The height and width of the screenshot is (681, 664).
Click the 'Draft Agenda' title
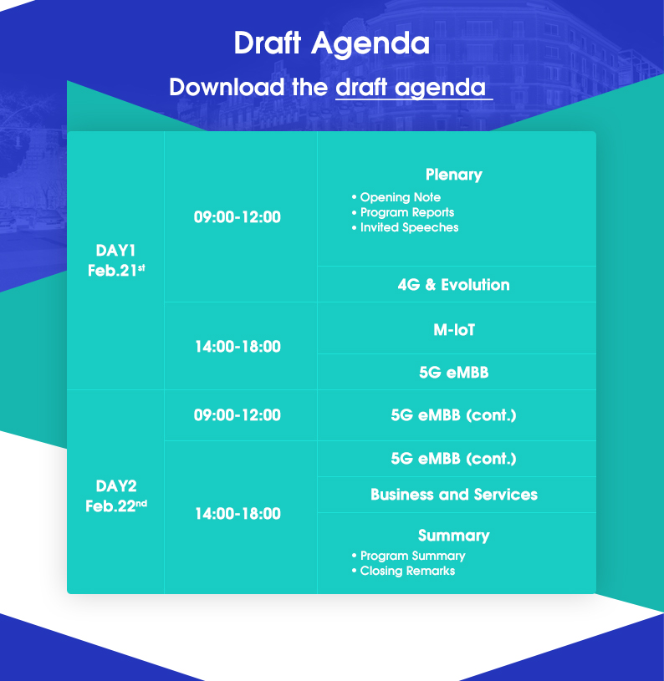click(331, 43)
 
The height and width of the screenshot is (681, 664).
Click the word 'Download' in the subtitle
click(227, 87)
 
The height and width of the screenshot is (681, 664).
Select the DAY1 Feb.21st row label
click(116, 260)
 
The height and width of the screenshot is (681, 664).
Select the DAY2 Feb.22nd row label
click(116, 496)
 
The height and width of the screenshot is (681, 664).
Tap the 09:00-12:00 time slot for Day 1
click(238, 216)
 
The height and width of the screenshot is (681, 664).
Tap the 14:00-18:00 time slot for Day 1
click(238, 346)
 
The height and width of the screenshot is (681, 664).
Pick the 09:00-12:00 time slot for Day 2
click(238, 414)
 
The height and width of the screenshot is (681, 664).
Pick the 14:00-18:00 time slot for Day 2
click(238, 513)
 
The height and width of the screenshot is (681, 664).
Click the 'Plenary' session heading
click(453, 175)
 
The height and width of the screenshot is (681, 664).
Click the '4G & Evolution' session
click(453, 284)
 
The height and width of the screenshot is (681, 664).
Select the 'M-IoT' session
click(454, 330)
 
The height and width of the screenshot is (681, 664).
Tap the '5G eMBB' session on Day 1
click(453, 372)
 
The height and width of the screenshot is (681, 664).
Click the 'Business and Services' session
click(454, 494)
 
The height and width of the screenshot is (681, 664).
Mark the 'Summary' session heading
click(453, 536)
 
